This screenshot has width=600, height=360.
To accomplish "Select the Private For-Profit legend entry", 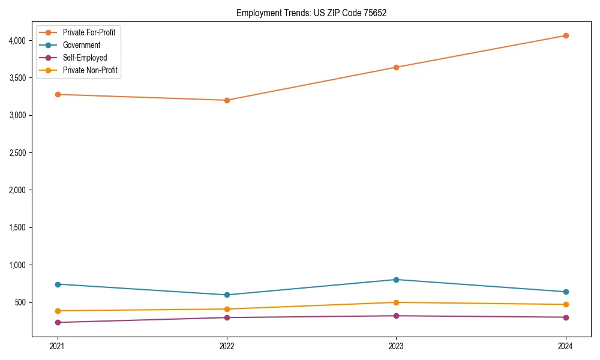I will [x=89, y=32].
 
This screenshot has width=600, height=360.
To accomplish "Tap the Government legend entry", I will [x=82, y=45].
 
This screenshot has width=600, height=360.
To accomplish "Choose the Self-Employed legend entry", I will [x=85, y=58].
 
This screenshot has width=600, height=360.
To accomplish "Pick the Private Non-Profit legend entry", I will [x=90, y=70].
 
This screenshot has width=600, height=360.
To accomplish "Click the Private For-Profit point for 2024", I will [x=566, y=35].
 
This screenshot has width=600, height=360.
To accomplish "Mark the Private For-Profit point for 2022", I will [x=227, y=100].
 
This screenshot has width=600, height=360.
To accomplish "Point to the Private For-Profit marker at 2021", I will [x=58, y=94].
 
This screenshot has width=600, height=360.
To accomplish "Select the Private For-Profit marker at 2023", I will [x=396, y=67].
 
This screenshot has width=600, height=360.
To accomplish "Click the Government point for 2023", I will [x=396, y=280].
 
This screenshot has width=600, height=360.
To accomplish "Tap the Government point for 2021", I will [x=58, y=284].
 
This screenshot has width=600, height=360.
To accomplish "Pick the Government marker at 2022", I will [x=227, y=295].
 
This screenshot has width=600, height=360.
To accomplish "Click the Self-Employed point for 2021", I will [x=58, y=322].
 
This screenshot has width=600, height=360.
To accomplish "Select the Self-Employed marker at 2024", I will [x=566, y=317].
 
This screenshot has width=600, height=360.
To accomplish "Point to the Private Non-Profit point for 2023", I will [x=396, y=302].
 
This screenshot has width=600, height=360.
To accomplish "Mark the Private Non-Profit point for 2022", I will [x=227, y=309].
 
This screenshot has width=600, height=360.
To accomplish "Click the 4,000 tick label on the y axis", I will [x=17, y=40].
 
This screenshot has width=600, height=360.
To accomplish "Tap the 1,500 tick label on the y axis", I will [x=17, y=227].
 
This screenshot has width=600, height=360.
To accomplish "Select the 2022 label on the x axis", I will [x=227, y=346].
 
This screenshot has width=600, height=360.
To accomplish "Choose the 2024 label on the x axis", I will [x=566, y=346].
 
